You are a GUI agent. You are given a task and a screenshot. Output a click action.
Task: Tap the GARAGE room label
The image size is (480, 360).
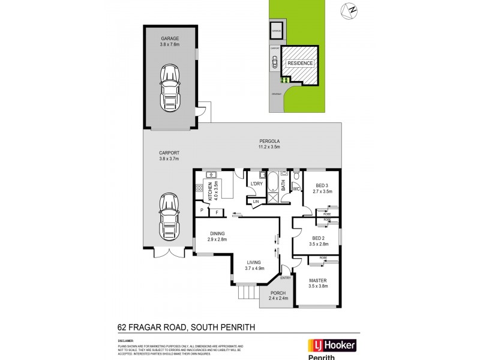[170, 38]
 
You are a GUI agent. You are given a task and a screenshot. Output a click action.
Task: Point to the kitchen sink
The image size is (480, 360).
[212, 175]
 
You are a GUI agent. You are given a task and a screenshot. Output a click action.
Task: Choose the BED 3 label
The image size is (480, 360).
[323, 186]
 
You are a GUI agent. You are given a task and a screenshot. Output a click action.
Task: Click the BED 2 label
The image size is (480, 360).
[317, 239]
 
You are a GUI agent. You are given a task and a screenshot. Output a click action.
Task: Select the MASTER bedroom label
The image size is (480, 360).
[317, 280]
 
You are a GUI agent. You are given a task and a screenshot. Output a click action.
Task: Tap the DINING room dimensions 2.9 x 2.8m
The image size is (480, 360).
[218, 239]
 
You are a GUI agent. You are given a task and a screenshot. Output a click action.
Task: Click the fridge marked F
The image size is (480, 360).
[216, 212]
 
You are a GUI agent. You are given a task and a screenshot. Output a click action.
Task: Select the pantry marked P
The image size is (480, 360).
[202, 211]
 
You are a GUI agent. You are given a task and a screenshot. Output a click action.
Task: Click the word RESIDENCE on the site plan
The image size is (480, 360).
[300, 63]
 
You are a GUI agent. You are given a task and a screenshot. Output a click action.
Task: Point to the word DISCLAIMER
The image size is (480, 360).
[125, 340]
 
